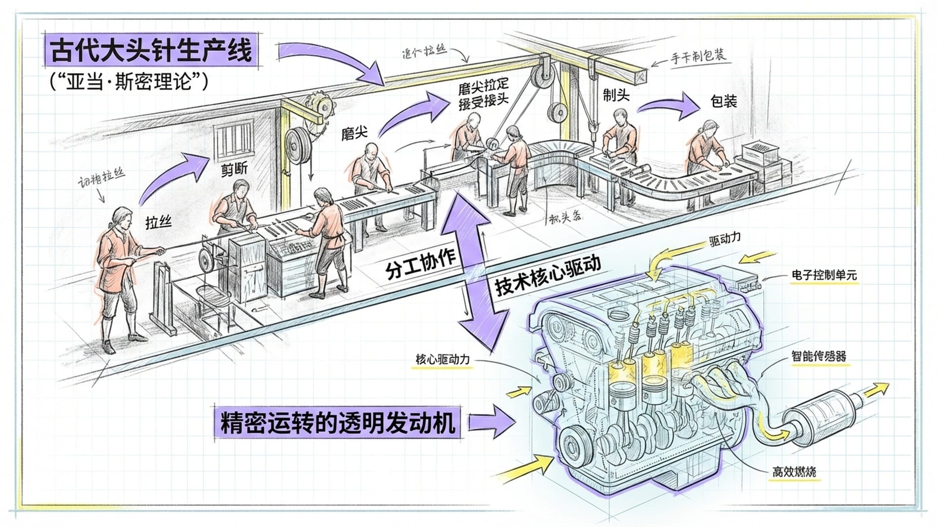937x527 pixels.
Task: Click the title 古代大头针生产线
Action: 151,51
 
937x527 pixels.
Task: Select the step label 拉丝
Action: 159,223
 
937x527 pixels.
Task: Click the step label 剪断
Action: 234,169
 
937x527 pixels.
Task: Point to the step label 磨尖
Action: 354,133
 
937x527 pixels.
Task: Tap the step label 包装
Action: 723,101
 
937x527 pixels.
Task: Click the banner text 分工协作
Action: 421,264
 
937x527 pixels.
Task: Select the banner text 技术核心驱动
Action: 548,275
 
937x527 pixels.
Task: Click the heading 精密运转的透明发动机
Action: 338,423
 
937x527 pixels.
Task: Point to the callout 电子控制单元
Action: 824,275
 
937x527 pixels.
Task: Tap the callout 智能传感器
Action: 818,356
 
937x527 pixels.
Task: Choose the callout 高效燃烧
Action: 794,472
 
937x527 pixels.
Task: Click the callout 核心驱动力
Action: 442,360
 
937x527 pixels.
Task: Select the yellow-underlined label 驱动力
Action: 725,240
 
